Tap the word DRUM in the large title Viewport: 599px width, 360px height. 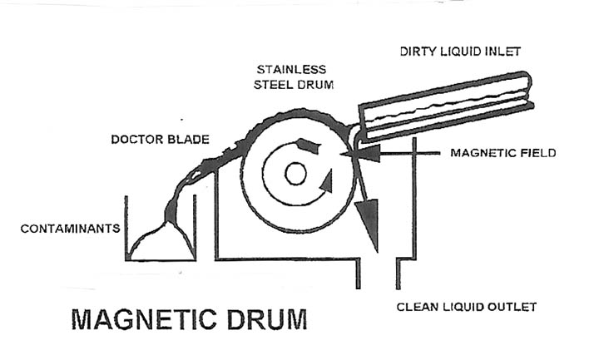(260, 320)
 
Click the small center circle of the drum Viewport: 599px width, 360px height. (295, 174)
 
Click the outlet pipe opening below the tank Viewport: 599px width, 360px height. (377, 274)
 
